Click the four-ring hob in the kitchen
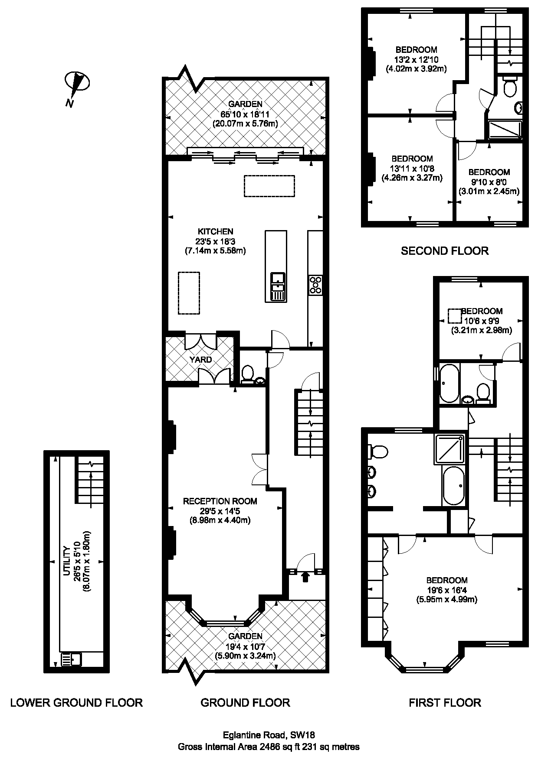click(315, 285)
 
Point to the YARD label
click(201, 360)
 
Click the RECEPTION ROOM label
click(220, 501)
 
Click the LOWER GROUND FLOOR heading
click(76, 703)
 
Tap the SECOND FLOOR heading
click(445, 251)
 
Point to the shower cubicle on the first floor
click(450, 449)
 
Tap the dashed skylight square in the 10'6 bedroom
click(454, 316)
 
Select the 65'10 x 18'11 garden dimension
click(245, 114)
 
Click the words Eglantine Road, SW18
click(269, 735)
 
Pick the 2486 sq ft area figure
click(279, 747)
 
